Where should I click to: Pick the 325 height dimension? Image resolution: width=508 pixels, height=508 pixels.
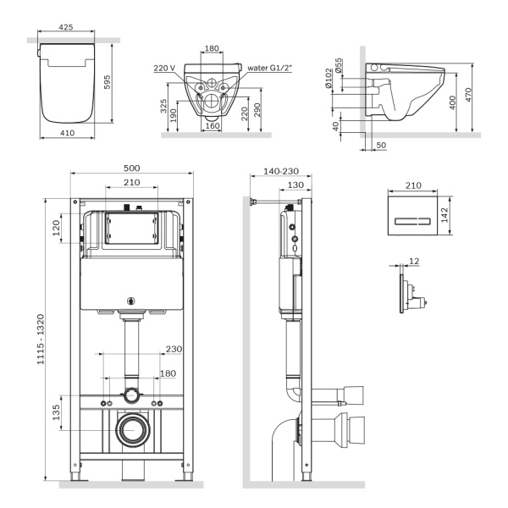click(162, 105)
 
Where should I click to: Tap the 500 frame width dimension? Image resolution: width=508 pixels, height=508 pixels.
click(131, 168)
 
